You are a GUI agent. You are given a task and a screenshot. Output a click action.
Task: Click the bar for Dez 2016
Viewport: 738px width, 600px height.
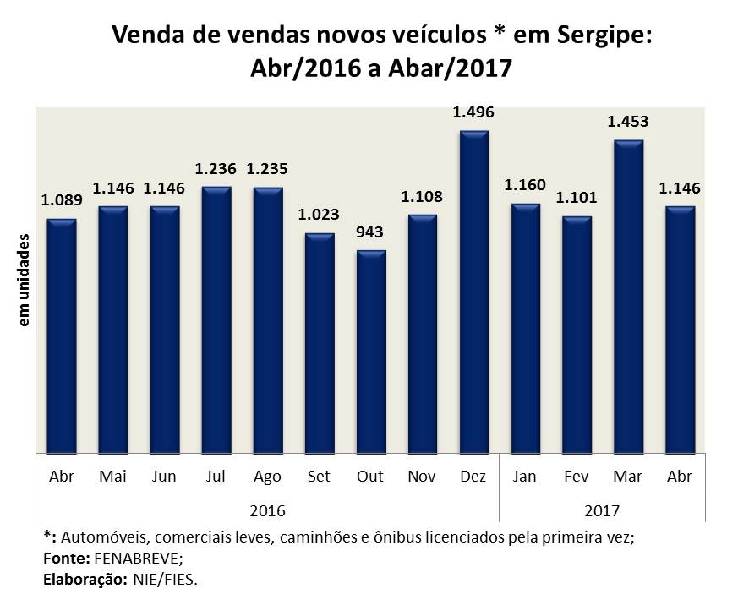473,292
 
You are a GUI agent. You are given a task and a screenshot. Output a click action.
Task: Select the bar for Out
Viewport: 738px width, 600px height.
370,352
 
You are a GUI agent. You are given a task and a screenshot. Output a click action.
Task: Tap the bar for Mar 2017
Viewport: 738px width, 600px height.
628,297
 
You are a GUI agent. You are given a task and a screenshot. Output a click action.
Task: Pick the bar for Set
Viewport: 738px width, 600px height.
319,343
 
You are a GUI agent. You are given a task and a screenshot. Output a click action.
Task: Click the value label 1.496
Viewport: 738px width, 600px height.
473,112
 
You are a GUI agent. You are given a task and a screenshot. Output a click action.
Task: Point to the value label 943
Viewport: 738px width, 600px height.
370,232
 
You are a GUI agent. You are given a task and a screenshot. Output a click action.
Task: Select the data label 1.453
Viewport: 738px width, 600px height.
628,123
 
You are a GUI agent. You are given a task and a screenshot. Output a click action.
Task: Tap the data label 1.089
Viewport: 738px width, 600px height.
62,201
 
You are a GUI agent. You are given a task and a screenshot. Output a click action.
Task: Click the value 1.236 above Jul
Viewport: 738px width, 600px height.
216,169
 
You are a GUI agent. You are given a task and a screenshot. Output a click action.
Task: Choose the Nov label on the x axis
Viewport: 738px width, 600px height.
422,476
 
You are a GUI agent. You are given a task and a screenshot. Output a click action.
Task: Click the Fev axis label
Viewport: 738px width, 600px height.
577,476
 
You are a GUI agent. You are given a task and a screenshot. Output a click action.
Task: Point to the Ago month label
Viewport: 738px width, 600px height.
267,476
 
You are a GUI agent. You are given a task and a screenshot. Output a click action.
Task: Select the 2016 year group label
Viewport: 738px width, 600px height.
267,511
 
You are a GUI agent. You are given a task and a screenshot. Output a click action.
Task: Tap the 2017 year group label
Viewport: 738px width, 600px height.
602,511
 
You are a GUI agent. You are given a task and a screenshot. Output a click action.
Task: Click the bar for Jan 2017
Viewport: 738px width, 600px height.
525,329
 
